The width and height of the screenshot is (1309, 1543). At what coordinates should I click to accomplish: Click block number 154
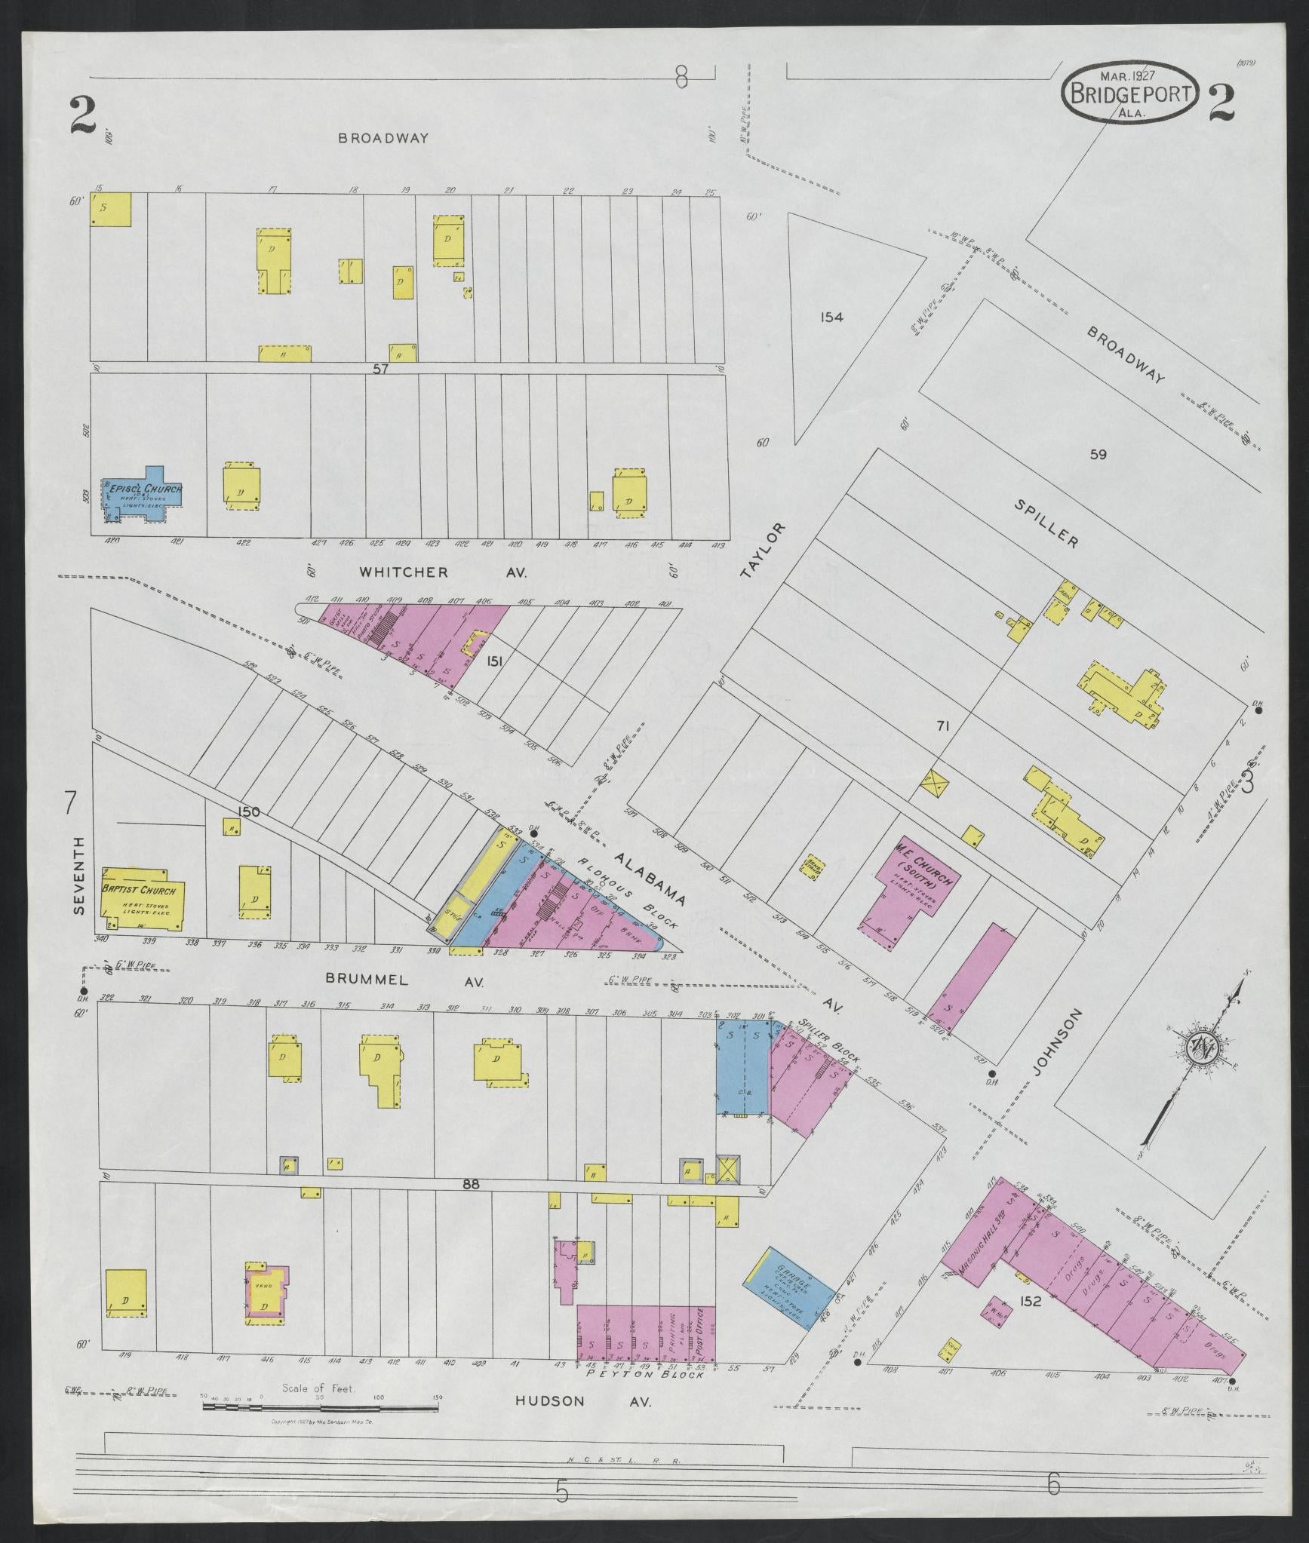[x=831, y=317]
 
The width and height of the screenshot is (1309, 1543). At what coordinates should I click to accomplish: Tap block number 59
[x=1098, y=454]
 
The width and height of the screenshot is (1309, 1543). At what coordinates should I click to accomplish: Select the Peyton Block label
[x=645, y=1374]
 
